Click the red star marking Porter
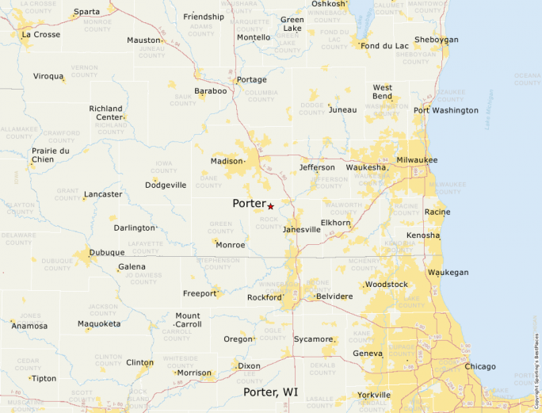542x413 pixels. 270,206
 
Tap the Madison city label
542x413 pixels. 226,161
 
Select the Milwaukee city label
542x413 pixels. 417,160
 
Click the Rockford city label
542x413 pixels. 263,297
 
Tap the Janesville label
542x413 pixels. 302,229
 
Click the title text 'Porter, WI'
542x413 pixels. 270,392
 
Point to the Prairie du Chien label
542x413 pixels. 51,155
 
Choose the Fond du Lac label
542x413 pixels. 384,46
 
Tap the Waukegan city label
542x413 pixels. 448,272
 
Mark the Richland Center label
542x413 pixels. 105,113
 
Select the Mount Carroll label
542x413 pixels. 188,320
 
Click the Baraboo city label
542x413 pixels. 211,91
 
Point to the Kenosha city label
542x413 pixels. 422,235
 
